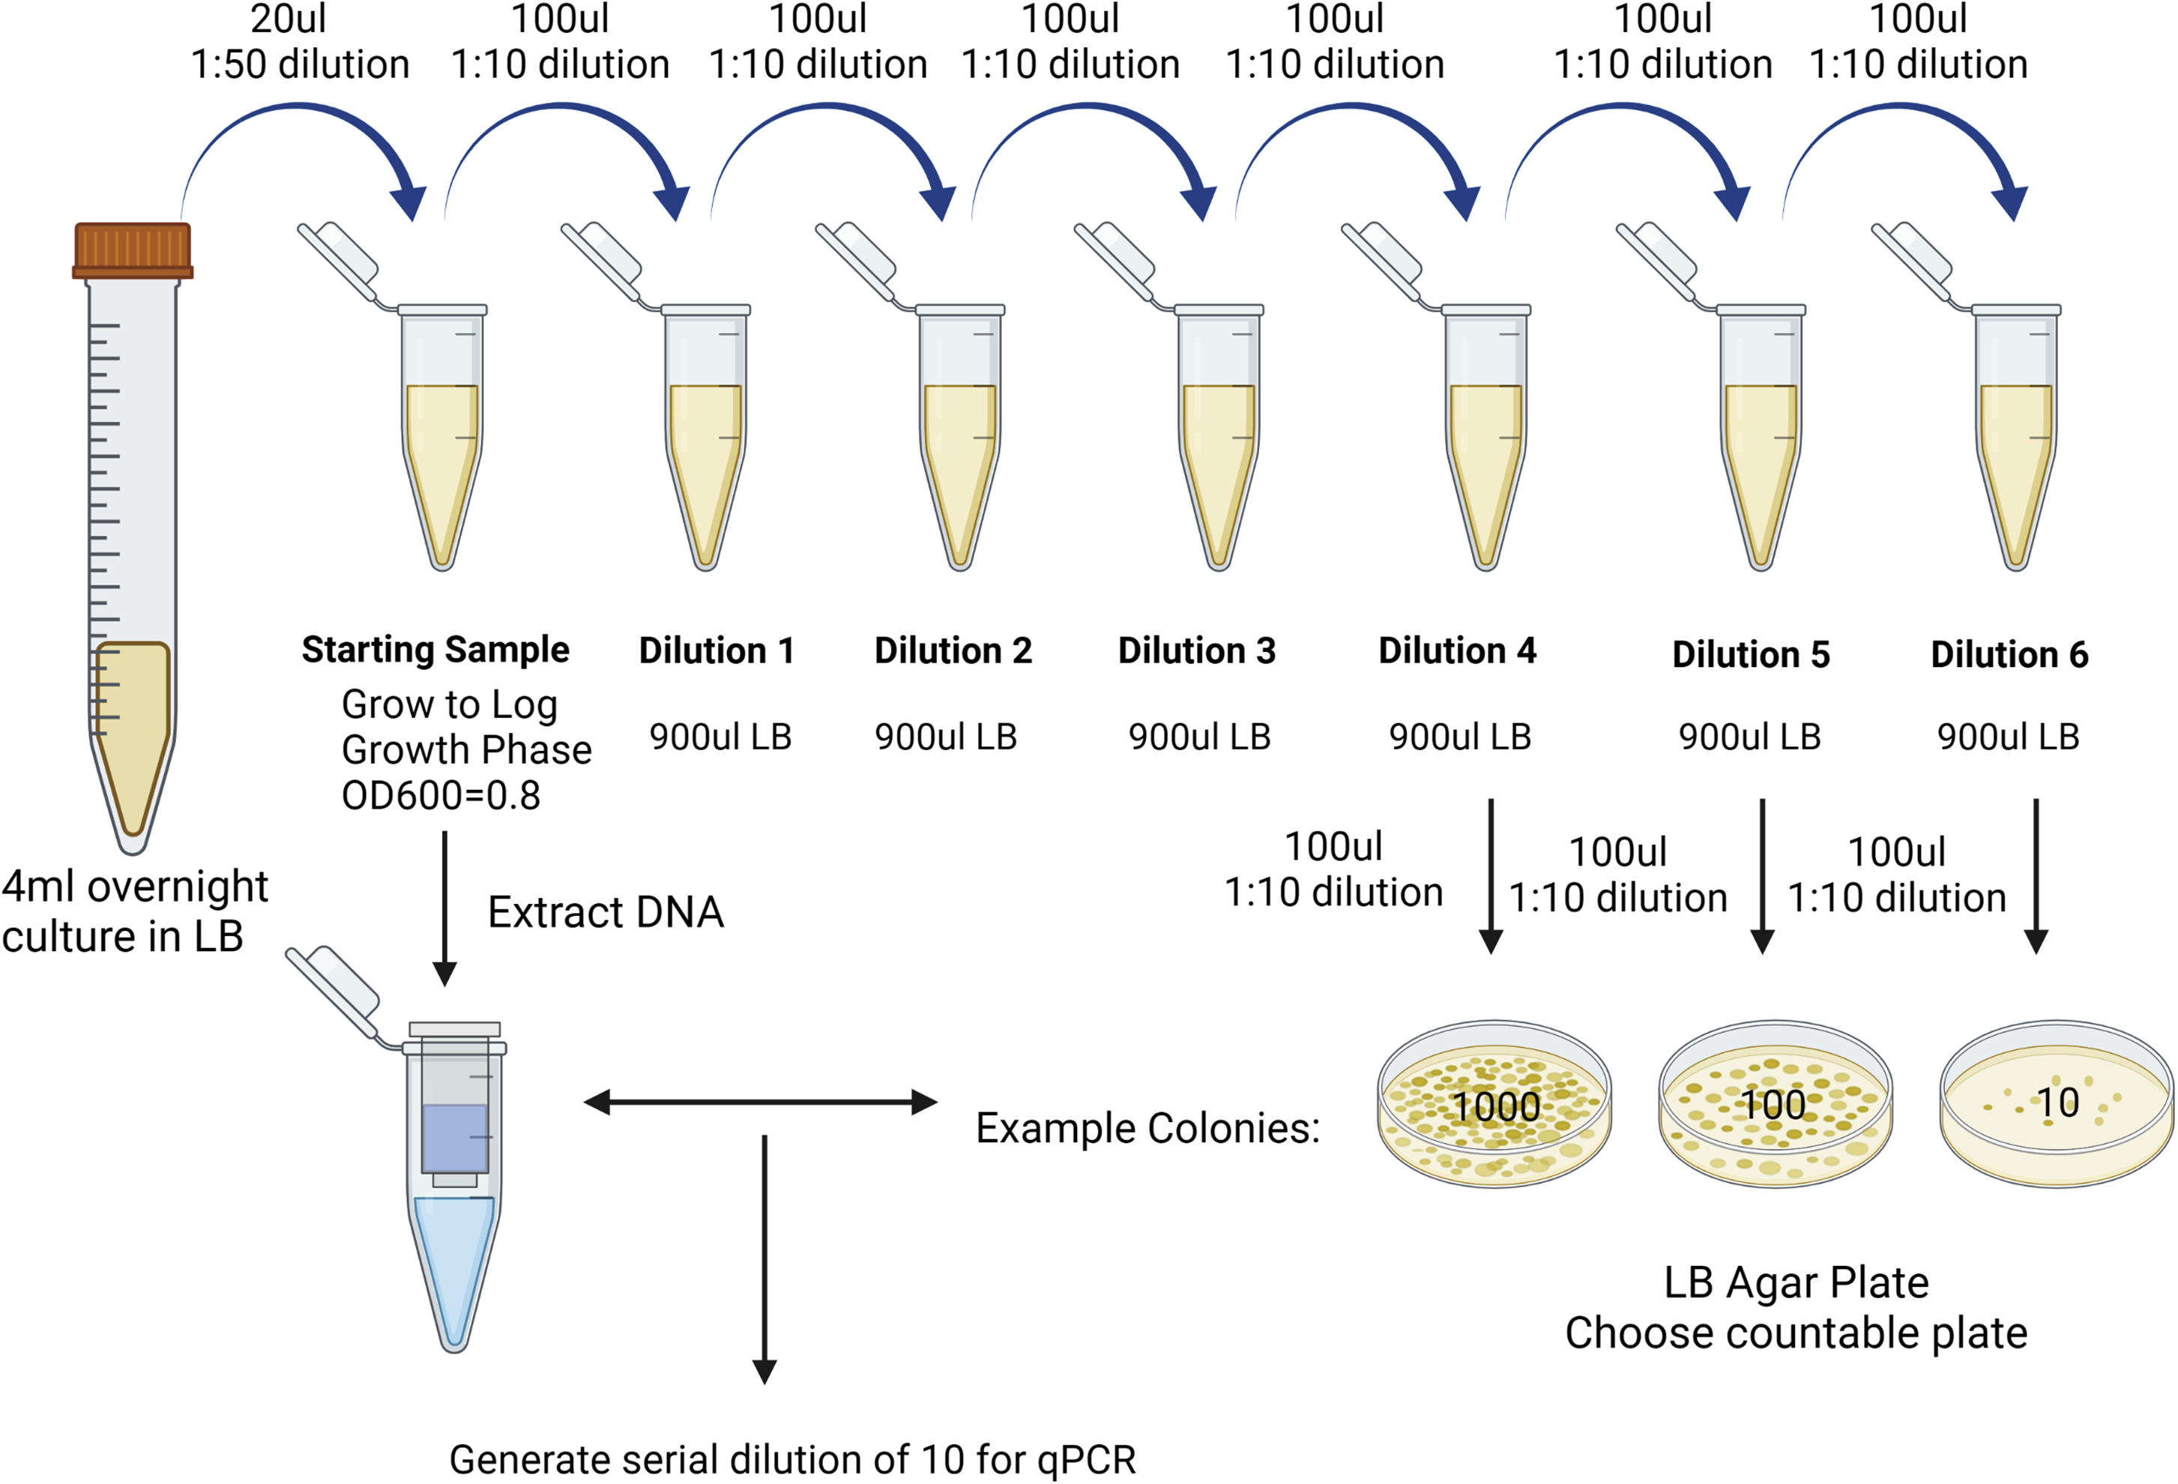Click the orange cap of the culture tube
[x=132, y=250]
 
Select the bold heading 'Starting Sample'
[x=435, y=650]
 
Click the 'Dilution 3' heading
[x=1196, y=651]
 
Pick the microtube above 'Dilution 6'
[x=2015, y=431]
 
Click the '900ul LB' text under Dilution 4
[x=1459, y=737]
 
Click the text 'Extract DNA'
[x=606, y=912]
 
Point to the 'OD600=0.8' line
[x=441, y=796]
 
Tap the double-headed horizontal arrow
[x=759, y=1103]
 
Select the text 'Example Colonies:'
[x=1147, y=1128]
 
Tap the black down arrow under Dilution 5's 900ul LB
[x=1762, y=876]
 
